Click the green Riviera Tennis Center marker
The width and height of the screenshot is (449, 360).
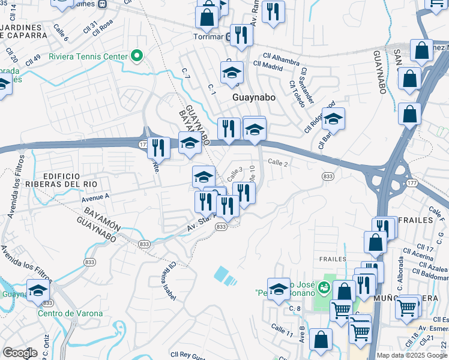[x=137, y=56]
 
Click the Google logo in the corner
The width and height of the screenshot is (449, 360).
[x=20, y=352]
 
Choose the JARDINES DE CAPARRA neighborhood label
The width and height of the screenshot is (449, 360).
[x=24, y=31]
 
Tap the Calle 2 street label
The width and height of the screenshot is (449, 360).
[x=278, y=163]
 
